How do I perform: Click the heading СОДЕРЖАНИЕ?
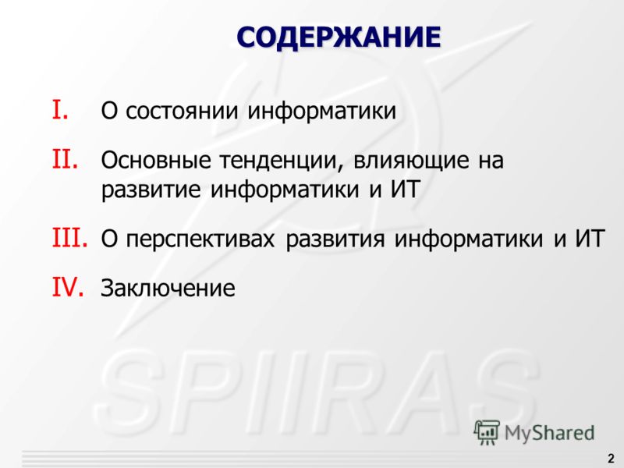tap(339, 37)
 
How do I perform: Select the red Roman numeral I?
tap(60, 110)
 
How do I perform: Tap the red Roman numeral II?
tap(65, 159)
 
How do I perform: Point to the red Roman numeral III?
tap(69, 238)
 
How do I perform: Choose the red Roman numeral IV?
tap(68, 287)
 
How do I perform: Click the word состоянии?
tap(182, 111)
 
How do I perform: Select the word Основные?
tap(155, 160)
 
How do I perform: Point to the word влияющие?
tap(411, 161)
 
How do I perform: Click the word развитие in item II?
tap(151, 190)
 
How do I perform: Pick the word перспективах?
tap(200, 239)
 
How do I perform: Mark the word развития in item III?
tap(335, 239)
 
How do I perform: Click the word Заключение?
tap(168, 288)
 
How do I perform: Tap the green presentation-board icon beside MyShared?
tap(486, 432)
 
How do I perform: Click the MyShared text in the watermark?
tap(549, 433)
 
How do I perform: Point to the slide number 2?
tap(611, 459)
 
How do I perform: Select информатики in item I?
tap(322, 111)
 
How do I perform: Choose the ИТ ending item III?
tap(590, 239)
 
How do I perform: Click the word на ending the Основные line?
tap(491, 161)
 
